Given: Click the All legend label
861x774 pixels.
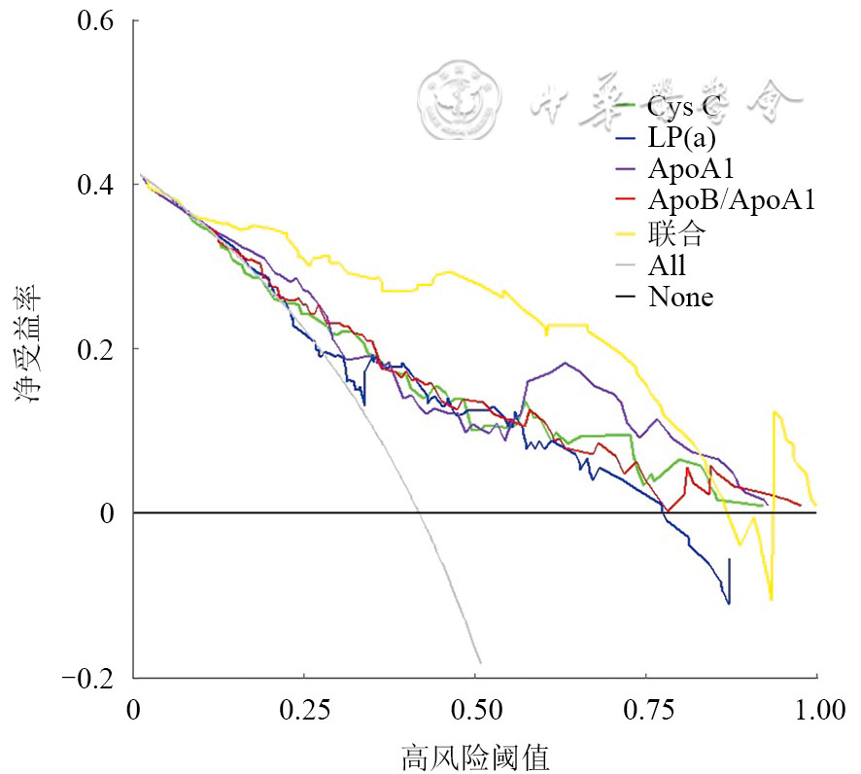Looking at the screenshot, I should point(667,264).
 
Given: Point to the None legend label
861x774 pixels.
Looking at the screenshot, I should point(680,297).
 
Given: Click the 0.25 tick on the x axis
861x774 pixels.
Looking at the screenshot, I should point(304,710).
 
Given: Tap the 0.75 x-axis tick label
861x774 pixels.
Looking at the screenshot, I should point(645,710).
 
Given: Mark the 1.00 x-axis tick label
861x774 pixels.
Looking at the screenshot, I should point(815,710).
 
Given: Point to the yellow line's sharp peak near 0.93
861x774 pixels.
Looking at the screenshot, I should point(775,412).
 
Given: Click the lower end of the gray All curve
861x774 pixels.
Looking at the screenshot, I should point(480,662).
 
